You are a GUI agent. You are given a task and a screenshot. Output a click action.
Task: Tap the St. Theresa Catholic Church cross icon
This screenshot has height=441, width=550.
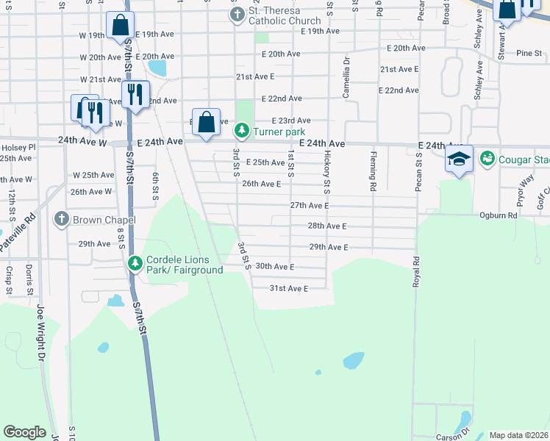[x=237, y=14]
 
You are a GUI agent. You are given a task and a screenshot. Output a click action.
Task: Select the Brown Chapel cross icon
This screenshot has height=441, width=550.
[x=62, y=219]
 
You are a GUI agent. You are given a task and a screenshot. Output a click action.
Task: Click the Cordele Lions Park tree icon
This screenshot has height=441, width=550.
[x=135, y=263]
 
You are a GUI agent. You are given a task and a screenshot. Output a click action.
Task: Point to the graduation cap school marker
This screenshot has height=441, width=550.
[x=458, y=159]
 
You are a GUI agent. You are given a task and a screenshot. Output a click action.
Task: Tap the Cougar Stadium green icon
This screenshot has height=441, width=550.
[x=487, y=159]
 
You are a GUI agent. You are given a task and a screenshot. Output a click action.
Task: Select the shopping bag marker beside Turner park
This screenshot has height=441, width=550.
[x=206, y=121]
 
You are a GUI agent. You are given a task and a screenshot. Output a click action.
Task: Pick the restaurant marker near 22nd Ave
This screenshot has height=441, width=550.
[x=135, y=94]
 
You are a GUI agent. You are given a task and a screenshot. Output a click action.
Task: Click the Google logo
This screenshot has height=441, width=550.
[x=24, y=432]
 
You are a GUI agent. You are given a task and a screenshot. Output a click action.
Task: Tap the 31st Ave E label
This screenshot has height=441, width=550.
[x=288, y=288]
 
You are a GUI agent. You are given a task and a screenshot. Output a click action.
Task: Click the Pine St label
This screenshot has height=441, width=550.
[x=528, y=53]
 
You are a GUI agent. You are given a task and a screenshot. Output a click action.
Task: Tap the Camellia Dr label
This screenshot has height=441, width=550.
[x=344, y=72]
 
